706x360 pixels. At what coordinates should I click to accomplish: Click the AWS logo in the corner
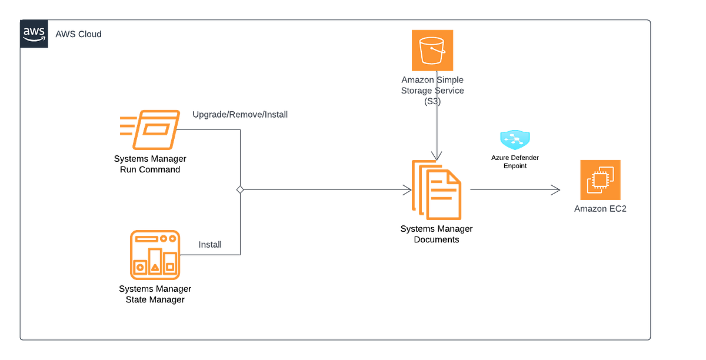[34, 34]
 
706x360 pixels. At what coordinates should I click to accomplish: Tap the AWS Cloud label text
[78, 35]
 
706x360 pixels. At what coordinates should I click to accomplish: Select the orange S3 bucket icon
[433, 51]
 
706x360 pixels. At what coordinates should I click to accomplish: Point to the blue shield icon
[515, 139]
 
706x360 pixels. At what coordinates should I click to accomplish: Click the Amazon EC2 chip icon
[600, 180]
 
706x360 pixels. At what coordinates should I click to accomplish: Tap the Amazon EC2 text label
[600, 209]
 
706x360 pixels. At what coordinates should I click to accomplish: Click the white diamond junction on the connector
[240, 189]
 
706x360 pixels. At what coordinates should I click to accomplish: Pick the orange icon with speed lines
[150, 129]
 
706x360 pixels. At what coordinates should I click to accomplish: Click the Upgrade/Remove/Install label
[240, 115]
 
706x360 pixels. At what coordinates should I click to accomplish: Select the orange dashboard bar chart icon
[155, 255]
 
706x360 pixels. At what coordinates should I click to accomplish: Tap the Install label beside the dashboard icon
[209, 244]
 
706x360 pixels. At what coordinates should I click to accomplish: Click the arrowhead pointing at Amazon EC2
[555, 189]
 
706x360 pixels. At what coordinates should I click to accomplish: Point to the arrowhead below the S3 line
[436, 155]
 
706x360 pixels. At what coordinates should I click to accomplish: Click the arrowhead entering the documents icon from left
[406, 189]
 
